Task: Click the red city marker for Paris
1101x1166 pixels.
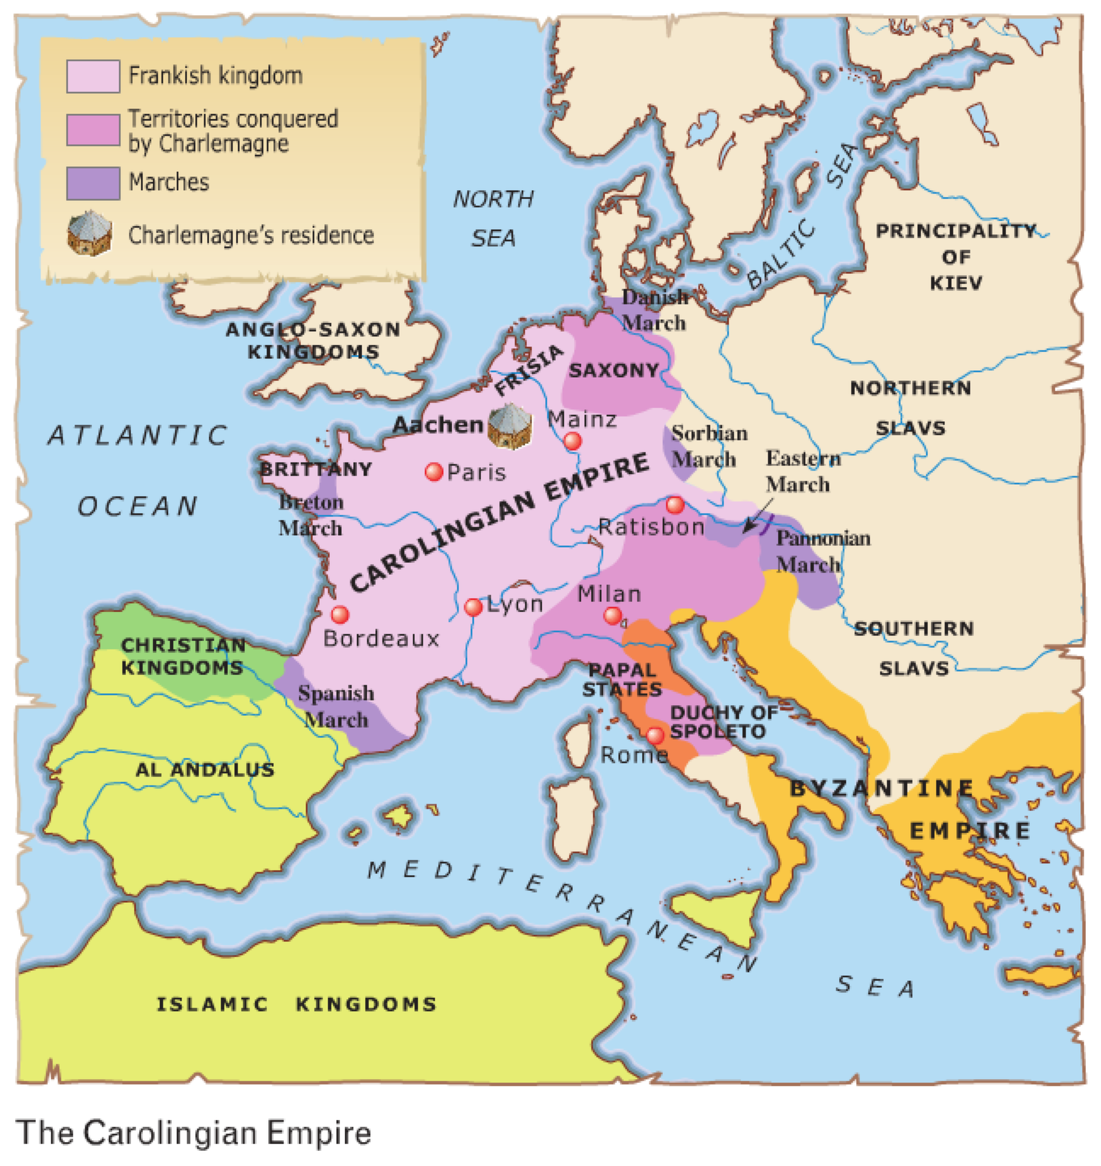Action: coord(434,472)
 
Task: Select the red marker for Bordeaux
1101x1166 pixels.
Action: coord(340,614)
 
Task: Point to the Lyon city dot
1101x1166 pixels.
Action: coord(474,607)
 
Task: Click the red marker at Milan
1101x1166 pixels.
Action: coord(613,615)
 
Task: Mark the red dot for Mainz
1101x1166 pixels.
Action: coord(573,440)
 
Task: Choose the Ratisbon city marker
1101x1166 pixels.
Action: coord(675,505)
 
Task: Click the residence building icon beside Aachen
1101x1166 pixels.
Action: coord(509,425)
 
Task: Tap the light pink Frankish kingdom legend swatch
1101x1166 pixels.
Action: coord(93,76)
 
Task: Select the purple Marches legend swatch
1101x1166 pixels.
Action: coord(93,183)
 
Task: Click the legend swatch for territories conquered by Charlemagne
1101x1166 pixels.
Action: coord(93,130)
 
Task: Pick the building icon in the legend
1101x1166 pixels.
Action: coord(90,234)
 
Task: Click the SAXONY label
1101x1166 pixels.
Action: coord(613,371)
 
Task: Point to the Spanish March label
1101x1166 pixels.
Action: coord(336,706)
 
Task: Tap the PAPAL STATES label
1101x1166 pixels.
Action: coord(622,680)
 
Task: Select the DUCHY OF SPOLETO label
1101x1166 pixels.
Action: coord(718,722)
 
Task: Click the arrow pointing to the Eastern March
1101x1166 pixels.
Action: coord(755,522)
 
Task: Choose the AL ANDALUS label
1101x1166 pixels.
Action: coord(205,770)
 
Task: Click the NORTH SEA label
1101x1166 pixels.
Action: coord(493,218)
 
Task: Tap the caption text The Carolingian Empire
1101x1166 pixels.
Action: coord(194,1133)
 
